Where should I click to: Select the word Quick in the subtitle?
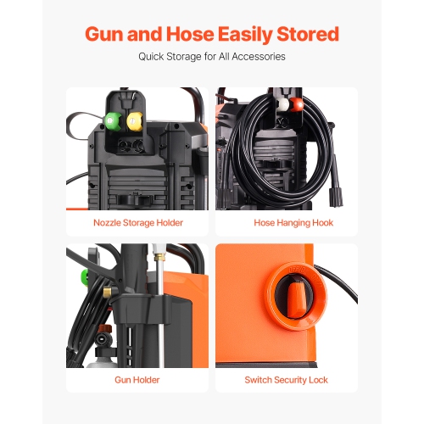153,57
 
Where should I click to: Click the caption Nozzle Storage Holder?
138,223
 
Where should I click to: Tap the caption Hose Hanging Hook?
286,223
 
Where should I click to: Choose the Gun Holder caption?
138,379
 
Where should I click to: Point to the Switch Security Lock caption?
286,379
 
